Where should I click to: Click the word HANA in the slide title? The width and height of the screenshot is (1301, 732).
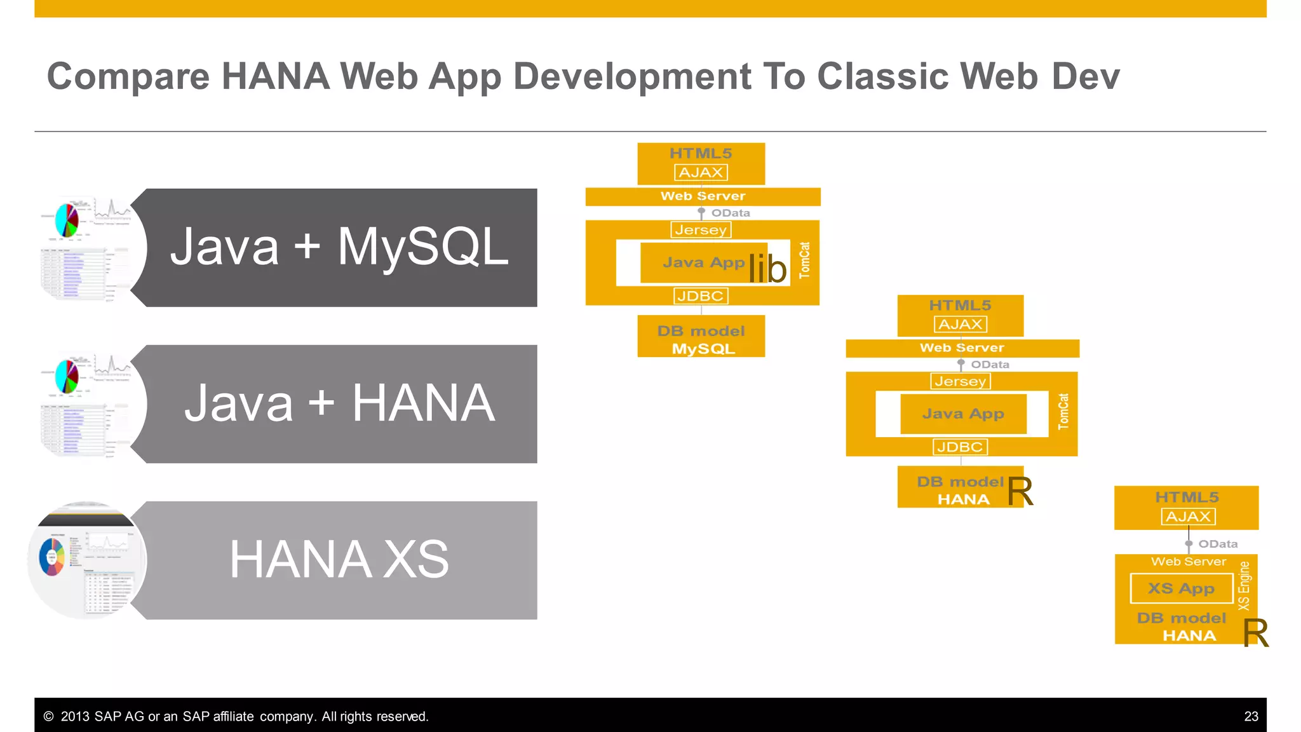pos(275,77)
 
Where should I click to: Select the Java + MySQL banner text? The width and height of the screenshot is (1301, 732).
pos(339,247)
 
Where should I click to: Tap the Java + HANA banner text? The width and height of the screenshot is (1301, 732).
pos(339,403)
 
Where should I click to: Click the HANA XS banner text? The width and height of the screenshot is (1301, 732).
pos(339,560)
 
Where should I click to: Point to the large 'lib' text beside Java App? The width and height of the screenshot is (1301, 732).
pos(767,269)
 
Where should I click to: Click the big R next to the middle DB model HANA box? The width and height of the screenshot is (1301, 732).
pos(1020,491)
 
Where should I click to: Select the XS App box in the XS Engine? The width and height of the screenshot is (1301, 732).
pos(1181,588)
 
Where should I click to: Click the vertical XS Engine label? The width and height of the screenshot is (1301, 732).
pos(1244,586)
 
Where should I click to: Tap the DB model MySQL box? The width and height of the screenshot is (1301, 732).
pos(701,339)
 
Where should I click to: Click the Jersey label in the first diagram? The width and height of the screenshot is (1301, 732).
pos(701,230)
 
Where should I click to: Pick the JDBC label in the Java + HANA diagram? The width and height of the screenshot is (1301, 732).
pos(960,447)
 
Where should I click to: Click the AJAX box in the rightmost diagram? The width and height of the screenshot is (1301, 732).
pos(1188,517)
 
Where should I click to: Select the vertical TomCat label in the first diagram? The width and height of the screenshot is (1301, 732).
pos(805,261)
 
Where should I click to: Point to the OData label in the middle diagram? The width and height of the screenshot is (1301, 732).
pos(990,365)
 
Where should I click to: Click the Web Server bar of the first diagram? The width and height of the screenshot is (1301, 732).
pos(703,196)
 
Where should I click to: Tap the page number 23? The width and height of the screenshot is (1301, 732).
pos(1251,717)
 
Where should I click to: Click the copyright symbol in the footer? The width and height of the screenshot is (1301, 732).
pos(48,717)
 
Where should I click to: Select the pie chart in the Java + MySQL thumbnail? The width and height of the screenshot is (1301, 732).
pos(67,220)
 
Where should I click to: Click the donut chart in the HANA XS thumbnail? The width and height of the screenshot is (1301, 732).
pos(51,557)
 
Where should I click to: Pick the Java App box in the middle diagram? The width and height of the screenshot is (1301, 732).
pos(963,414)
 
